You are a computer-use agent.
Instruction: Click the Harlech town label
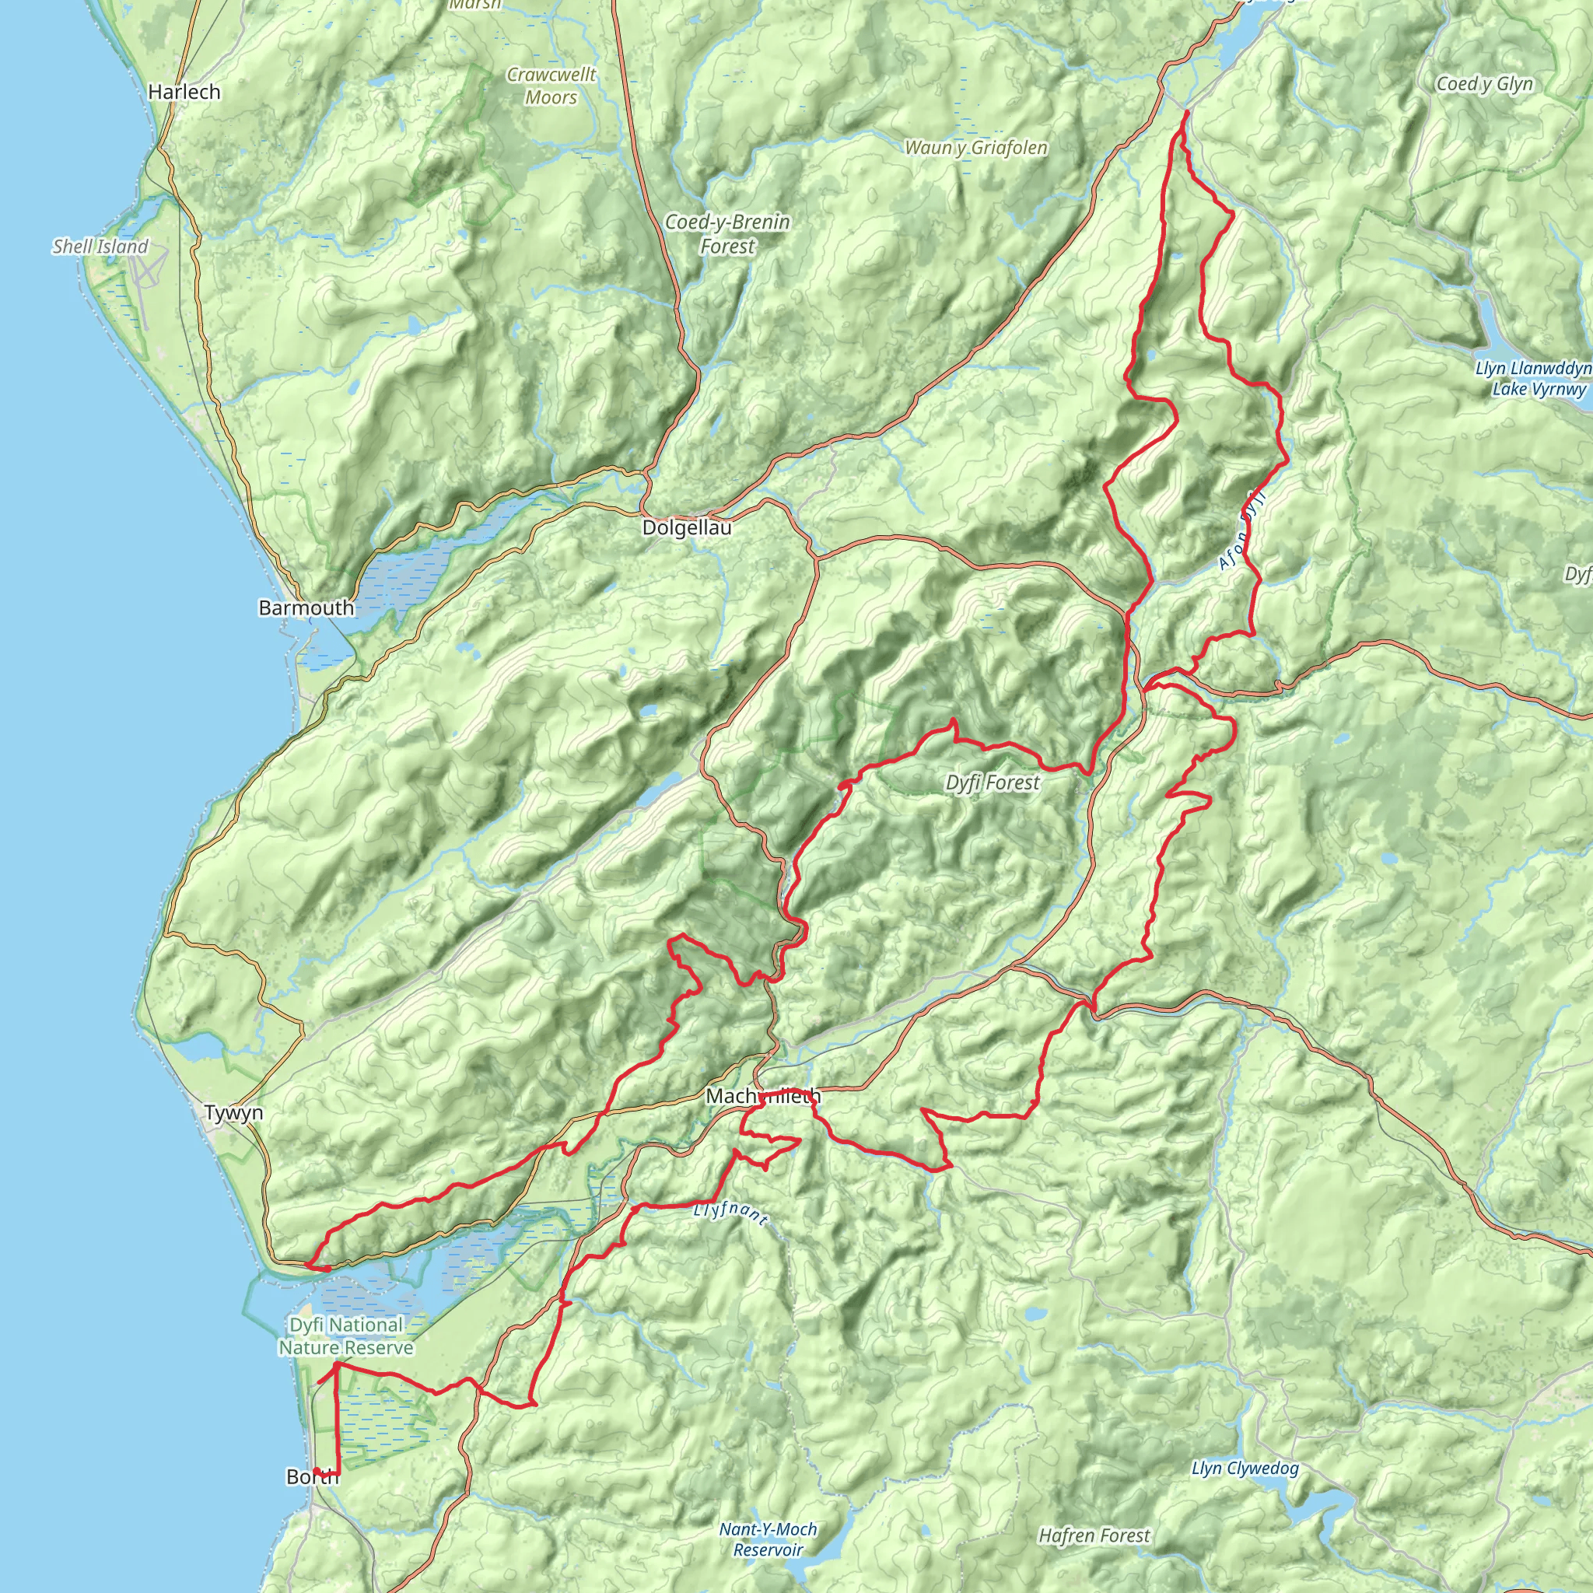[x=184, y=92]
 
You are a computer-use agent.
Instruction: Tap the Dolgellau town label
[x=687, y=527]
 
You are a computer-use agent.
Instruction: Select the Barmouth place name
[x=306, y=607]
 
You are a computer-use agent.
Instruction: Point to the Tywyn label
[x=234, y=1112]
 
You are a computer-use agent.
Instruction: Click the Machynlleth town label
[x=764, y=1096]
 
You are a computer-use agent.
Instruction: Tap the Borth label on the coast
[x=312, y=1477]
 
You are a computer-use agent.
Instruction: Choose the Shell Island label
[x=100, y=247]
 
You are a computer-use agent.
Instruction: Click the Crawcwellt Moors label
[x=551, y=86]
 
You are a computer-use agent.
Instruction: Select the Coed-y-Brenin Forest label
[x=727, y=233]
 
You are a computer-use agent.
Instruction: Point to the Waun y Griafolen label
[x=976, y=148]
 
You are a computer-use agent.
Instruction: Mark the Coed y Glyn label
[x=1484, y=84]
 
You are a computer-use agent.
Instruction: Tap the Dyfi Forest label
[x=993, y=782]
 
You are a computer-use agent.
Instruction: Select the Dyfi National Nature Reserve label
[x=346, y=1336]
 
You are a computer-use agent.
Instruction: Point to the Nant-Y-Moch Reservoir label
[x=768, y=1539]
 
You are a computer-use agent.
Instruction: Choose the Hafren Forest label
[x=1094, y=1535]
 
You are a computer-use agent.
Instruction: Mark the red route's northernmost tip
[x=1185, y=110]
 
